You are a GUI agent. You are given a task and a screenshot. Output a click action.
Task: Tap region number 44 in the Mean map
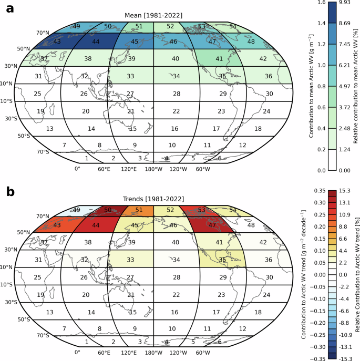coord(96,42)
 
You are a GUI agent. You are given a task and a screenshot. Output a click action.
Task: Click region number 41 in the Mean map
coord(219,59)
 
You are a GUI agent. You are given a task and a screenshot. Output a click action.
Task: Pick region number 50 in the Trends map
coord(108,210)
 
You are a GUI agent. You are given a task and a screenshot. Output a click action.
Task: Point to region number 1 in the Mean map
coord(86,158)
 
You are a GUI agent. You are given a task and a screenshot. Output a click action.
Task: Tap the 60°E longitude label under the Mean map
coord(104,169)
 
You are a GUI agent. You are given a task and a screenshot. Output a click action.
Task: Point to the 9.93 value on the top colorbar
coord(344,3)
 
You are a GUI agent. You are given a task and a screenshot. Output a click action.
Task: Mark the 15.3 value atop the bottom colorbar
coord(344,190)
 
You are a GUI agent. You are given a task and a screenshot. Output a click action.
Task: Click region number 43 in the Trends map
coord(57,224)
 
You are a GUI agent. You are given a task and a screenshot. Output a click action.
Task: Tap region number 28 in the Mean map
coord(177,94)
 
